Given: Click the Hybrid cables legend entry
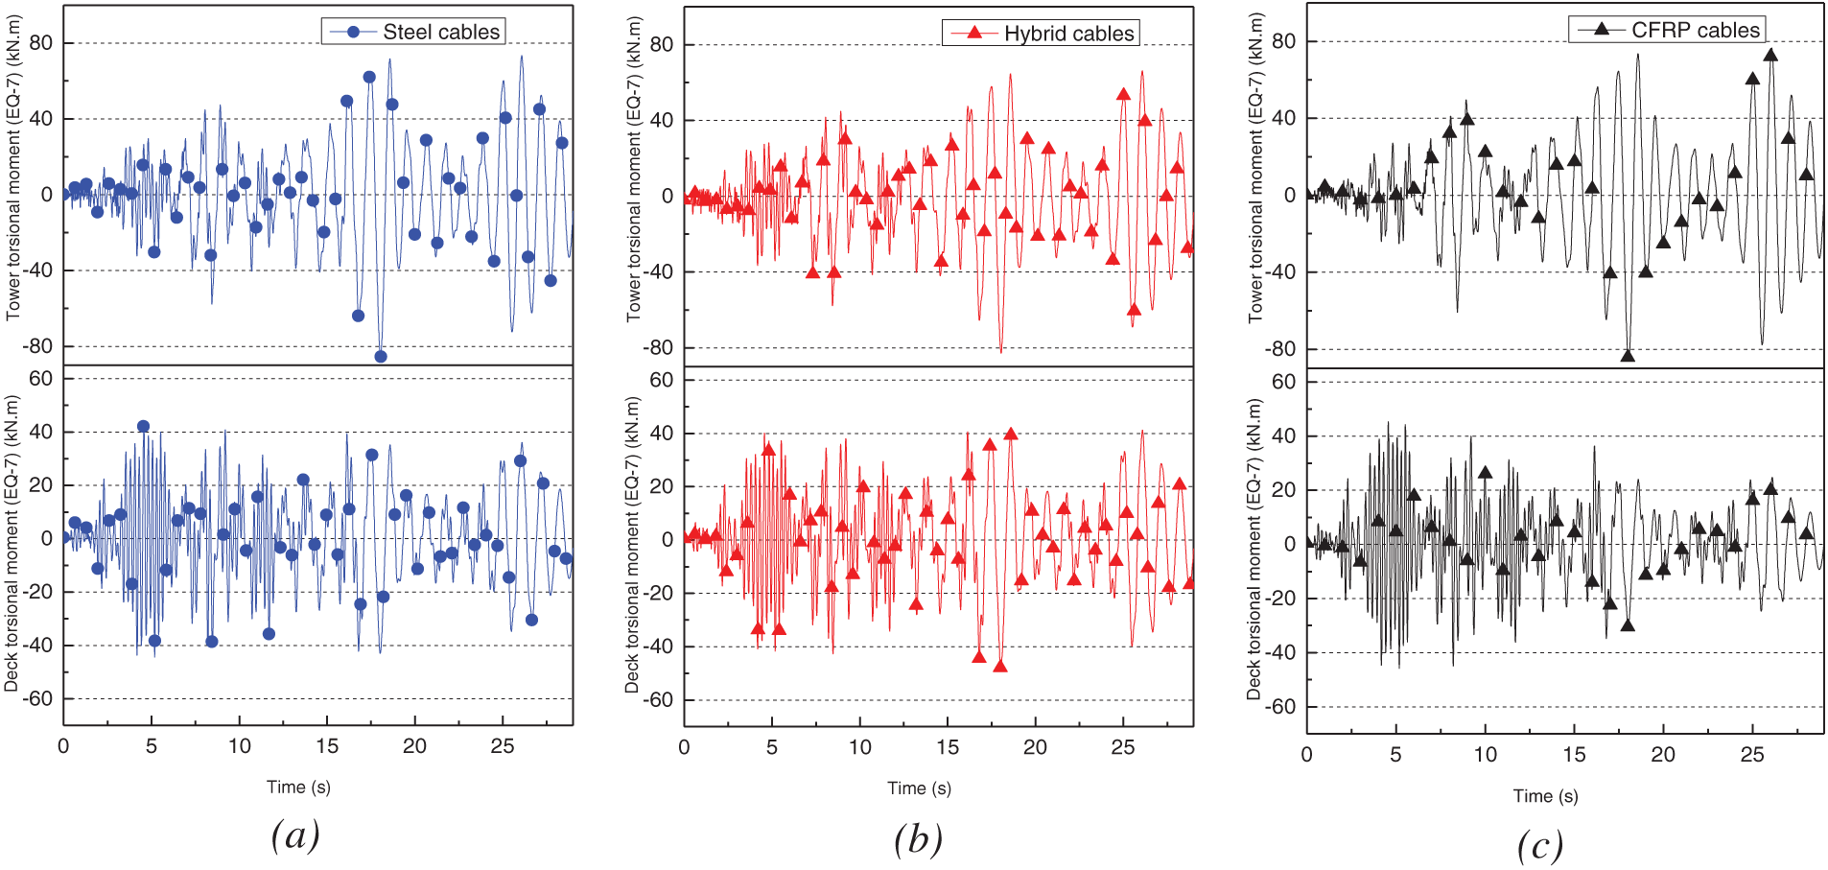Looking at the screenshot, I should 1042,34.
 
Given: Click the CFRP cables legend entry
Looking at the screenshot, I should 1668,30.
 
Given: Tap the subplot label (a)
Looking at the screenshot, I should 294,835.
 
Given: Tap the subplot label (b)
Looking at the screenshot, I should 918,839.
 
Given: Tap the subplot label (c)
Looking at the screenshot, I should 1540,846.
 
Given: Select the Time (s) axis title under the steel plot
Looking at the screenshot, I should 298,788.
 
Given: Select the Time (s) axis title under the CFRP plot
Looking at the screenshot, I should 1545,796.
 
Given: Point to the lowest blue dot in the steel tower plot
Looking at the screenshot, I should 381,357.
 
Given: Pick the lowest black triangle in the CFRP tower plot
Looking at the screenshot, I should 1628,356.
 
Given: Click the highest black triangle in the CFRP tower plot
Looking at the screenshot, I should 1770,56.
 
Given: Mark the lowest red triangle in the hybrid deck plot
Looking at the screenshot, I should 1000,666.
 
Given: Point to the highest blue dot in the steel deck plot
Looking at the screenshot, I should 143,427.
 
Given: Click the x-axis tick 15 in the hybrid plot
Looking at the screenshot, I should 948,747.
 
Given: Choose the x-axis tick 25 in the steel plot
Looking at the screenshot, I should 503,746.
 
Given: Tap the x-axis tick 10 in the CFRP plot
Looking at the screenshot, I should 1486,755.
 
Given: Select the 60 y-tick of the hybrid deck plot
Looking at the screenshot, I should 661,380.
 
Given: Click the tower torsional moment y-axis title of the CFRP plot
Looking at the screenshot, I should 1256,168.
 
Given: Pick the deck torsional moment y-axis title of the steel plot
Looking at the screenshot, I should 12,544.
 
